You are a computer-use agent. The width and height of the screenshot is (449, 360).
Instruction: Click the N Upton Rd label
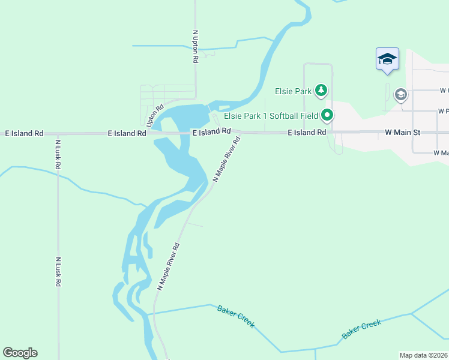coord(195,47)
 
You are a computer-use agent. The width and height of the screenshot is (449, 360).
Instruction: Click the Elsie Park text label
coord(294,91)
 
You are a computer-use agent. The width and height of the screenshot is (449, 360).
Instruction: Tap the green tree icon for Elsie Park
coord(322,91)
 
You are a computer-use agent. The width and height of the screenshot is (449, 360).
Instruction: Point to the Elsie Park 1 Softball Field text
coord(271,116)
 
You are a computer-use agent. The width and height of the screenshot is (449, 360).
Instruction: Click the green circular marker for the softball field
coord(327,115)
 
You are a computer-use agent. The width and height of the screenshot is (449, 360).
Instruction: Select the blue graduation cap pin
coord(387,59)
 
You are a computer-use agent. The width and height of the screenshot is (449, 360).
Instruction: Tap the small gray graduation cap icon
coord(400,95)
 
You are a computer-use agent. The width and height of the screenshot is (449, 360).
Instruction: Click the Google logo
coord(20,353)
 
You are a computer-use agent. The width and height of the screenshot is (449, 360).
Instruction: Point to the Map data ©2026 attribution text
coord(424,355)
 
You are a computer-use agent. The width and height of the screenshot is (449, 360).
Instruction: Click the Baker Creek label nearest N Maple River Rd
coord(236,316)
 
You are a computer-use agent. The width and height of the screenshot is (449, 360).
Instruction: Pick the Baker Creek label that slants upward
coord(361,329)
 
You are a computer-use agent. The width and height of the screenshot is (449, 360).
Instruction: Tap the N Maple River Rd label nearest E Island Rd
coord(228,159)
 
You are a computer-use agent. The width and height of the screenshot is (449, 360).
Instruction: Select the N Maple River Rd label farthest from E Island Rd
coord(169,266)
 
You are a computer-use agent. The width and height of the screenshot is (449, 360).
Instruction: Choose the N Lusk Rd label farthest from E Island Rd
coord(58,272)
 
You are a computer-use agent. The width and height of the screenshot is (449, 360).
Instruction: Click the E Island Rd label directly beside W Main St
coord(306,132)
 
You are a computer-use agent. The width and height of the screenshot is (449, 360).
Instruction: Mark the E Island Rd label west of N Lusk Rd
coord(24,133)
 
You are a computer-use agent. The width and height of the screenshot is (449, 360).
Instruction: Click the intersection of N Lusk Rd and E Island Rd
coord(58,133)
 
